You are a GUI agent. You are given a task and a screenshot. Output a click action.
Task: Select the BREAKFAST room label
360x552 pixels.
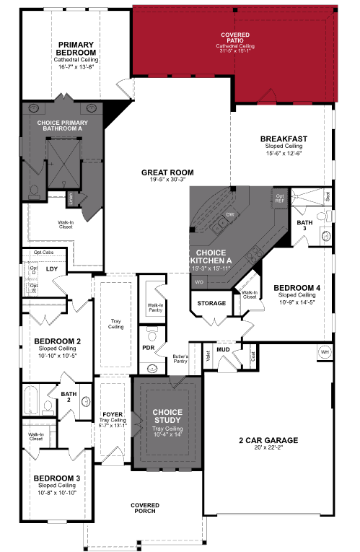(284, 139)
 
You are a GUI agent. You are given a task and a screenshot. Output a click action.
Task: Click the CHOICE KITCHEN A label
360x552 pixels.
(210, 257)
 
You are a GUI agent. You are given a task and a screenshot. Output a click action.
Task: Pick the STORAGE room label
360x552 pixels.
(212, 303)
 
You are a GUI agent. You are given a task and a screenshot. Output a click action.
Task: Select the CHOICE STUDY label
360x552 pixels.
(167, 416)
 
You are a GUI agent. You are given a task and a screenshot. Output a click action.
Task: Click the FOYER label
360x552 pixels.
(113, 414)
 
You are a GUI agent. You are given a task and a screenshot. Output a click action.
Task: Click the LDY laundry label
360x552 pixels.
(52, 269)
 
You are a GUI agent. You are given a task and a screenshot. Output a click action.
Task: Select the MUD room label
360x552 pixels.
(223, 349)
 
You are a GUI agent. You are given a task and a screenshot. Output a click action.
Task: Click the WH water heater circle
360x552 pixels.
(325, 351)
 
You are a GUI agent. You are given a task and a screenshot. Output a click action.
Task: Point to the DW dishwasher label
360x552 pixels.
(230, 215)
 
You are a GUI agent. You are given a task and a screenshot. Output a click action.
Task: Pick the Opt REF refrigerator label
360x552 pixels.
(281, 197)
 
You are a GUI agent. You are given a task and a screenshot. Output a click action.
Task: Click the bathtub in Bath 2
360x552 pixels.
(32, 399)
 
